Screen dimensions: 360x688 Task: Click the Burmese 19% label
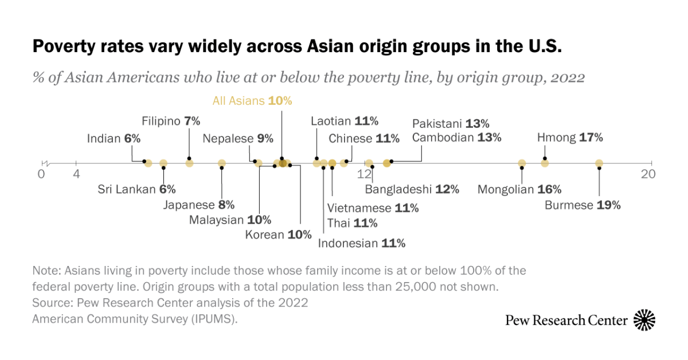(x=582, y=205)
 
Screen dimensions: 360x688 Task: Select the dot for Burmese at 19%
(x=599, y=163)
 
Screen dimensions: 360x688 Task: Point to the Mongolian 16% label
(x=519, y=190)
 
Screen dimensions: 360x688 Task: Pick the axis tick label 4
(x=76, y=174)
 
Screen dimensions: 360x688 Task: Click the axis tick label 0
(x=41, y=174)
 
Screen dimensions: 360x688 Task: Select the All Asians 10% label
(x=252, y=101)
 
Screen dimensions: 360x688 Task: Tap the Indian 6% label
(x=114, y=138)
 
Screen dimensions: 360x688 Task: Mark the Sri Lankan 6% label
(x=136, y=190)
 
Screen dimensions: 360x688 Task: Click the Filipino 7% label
(x=171, y=121)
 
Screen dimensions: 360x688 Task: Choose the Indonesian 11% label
(x=362, y=243)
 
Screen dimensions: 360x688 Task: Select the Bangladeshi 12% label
(x=412, y=189)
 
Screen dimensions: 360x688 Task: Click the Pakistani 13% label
(x=451, y=124)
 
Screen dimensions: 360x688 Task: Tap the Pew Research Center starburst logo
(x=644, y=320)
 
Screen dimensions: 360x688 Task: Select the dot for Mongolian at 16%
(x=522, y=163)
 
